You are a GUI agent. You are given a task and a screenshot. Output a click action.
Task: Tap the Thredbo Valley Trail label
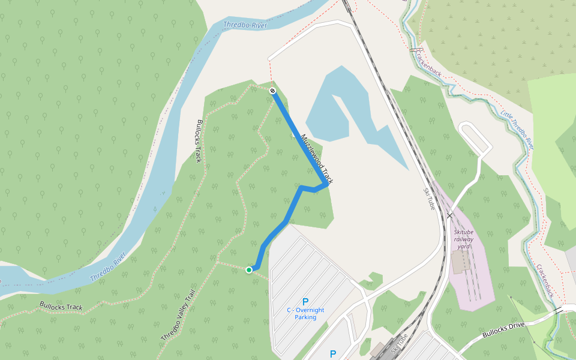(178, 317)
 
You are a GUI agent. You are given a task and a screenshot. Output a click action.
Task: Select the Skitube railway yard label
(463, 238)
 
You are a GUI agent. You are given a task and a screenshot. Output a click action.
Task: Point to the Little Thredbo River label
(517, 129)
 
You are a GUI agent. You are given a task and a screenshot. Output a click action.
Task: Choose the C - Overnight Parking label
(305, 313)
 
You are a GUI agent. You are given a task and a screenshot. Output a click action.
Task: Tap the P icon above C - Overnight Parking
(305, 302)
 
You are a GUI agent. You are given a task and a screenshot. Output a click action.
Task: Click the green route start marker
(249, 270)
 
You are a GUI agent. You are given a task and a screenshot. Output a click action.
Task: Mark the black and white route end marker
(272, 91)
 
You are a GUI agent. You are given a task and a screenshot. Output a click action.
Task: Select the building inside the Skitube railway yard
(461, 262)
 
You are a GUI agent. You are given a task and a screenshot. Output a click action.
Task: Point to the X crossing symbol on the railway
(449, 215)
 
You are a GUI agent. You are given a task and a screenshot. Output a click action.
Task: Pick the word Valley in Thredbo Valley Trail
(179, 316)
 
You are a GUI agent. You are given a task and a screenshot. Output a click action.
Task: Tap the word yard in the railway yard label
(463, 246)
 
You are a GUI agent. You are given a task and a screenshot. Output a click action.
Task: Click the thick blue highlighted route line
(288, 216)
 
